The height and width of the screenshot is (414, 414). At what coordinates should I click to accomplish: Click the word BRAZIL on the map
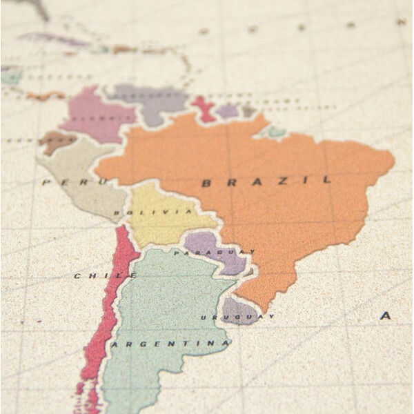(x=266, y=181)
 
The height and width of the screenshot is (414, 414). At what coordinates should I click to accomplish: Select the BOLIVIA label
(x=153, y=212)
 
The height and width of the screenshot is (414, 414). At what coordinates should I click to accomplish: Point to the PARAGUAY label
(x=215, y=253)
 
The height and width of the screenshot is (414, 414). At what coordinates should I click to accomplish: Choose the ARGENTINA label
(x=170, y=343)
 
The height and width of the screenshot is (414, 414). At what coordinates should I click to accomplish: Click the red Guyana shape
(x=205, y=109)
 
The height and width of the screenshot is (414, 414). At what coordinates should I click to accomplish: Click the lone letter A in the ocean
(x=385, y=315)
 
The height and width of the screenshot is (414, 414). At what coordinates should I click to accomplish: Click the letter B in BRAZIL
(x=206, y=183)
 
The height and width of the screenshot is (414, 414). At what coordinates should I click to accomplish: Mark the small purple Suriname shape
(x=227, y=110)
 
